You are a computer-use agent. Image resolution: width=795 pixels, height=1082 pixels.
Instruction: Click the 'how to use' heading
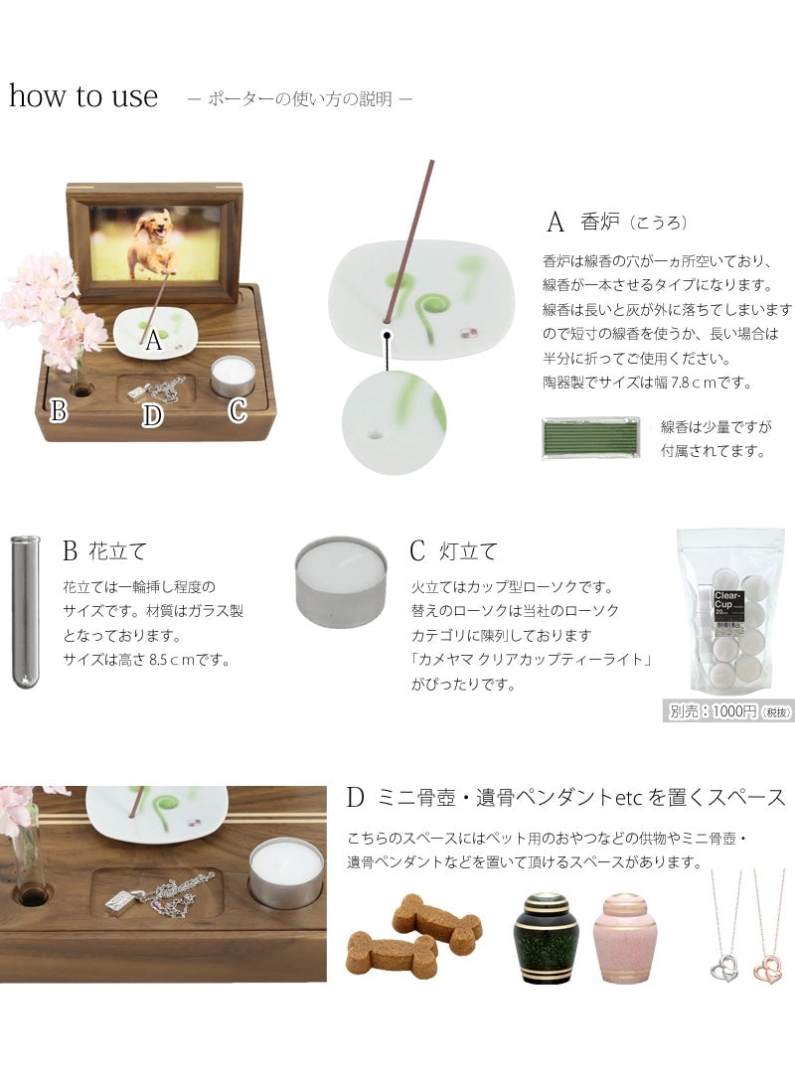coord(83,96)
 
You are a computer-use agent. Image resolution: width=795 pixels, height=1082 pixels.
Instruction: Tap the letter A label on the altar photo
coord(152,342)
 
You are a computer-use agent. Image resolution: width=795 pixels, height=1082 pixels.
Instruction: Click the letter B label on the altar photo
coord(59,409)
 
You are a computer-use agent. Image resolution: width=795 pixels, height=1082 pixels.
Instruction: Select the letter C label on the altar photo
coord(238,409)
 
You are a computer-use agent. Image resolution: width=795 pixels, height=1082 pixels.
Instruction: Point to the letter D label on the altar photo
coord(152,415)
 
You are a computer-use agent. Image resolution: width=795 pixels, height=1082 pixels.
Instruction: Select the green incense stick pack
coord(590,437)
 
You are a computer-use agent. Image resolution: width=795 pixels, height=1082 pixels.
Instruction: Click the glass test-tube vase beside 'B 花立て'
coord(25,610)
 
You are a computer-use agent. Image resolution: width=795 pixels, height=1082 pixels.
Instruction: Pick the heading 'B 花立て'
coord(104,550)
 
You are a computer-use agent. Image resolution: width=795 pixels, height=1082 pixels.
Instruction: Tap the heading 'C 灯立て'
coord(453,550)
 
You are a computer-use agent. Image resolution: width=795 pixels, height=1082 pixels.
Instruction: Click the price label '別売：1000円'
coord(727,711)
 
